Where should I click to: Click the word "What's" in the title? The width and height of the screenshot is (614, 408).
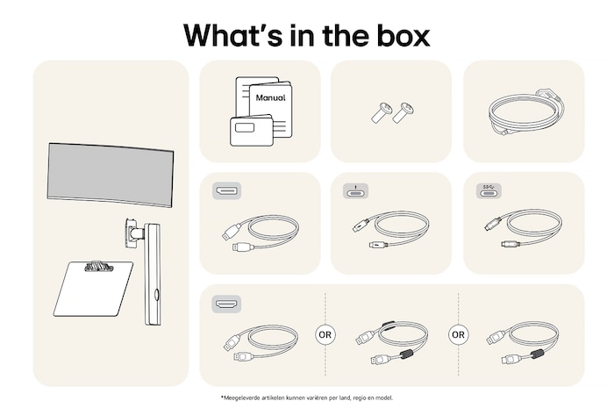click(232, 35)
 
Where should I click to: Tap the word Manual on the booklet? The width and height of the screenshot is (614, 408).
click(270, 97)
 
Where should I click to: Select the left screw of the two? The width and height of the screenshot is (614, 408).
click(382, 113)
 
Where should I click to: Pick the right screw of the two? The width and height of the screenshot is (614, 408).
click(403, 112)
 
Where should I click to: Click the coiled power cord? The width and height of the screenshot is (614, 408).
click(525, 111)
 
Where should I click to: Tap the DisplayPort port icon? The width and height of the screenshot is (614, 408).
click(226, 191)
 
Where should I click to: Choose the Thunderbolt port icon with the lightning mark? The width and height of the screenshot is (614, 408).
click(355, 191)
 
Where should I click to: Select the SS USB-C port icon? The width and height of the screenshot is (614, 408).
click(489, 191)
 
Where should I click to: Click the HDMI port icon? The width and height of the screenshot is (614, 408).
click(226, 304)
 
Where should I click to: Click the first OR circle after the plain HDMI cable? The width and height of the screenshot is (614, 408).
click(325, 335)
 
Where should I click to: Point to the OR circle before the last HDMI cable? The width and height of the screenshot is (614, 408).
click(458, 335)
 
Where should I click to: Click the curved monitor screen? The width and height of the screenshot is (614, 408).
click(111, 175)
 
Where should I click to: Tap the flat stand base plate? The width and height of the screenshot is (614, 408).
click(93, 289)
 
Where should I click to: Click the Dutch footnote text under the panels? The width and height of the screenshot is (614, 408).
click(307, 397)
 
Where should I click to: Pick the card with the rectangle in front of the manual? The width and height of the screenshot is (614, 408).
click(252, 131)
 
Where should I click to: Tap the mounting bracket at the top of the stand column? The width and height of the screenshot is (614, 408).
click(132, 233)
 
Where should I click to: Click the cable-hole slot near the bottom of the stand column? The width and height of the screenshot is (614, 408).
click(156, 295)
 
